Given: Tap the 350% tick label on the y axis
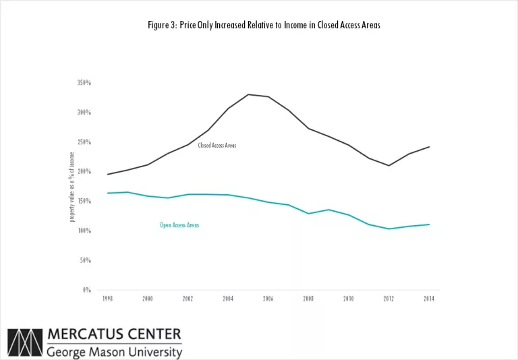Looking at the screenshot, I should (84, 83).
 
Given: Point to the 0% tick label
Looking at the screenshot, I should (87, 290).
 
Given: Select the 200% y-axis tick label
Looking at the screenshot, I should (84, 172).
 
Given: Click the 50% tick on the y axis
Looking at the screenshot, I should (86, 260).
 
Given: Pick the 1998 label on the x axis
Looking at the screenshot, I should (108, 299).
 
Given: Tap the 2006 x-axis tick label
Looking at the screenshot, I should (268, 299).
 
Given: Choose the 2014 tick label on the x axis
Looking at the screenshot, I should (429, 299).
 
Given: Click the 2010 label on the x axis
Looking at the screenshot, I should (348, 299).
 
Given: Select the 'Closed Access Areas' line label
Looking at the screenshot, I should (217, 146).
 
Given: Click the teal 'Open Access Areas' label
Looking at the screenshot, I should (179, 225).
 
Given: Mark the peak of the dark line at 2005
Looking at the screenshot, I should (248, 94).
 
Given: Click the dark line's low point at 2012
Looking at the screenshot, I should (388, 166).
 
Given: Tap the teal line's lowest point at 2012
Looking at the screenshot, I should (388, 229).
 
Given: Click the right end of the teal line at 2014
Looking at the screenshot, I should (430, 224).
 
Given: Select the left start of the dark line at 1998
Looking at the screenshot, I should (108, 175).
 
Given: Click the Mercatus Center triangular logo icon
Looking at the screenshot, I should (24, 342).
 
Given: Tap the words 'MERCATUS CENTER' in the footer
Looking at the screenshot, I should (114, 334).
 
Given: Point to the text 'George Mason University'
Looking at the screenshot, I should (114, 351).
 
